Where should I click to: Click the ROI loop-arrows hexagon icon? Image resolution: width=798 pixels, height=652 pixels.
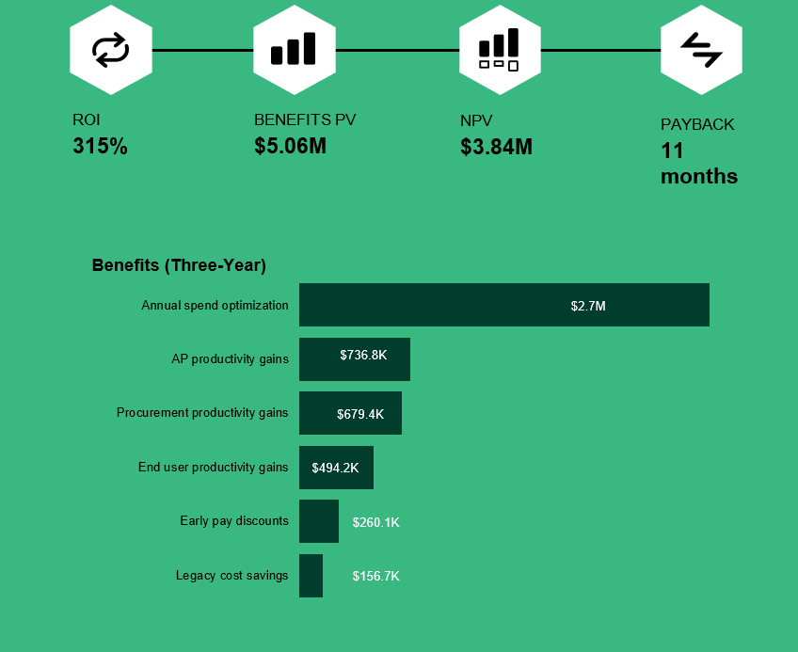[x=110, y=50]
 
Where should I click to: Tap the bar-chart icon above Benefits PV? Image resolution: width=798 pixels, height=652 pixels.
[x=294, y=50]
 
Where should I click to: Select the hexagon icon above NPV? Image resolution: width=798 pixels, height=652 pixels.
[x=499, y=50]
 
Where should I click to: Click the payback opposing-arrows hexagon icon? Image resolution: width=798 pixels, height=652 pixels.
[x=701, y=50]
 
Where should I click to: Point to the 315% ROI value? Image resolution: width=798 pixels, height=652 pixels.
[x=100, y=147]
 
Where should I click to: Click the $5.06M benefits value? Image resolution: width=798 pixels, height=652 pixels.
[x=290, y=147]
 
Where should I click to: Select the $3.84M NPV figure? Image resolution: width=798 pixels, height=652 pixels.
[x=496, y=147]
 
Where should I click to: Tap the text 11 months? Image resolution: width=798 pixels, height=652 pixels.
[x=698, y=164]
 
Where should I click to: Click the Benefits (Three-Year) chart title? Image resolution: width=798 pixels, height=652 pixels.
[x=179, y=265]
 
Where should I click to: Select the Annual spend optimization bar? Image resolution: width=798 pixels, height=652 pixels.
[x=503, y=305]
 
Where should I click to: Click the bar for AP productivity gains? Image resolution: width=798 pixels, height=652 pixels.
[x=354, y=359]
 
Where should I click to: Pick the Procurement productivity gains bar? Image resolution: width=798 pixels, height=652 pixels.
[x=350, y=413]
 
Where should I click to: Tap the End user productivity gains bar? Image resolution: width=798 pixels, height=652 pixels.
[x=336, y=468]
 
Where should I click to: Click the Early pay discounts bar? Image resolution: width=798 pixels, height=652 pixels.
[x=318, y=521]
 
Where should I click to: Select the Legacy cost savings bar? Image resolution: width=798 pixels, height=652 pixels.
[x=311, y=576]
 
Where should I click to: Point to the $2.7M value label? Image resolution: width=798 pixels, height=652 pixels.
[x=588, y=306]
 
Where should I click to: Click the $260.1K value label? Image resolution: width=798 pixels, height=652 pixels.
[x=375, y=522]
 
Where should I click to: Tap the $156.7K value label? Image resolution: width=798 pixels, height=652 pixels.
[x=375, y=576]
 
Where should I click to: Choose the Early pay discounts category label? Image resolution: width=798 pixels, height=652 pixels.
[x=234, y=520]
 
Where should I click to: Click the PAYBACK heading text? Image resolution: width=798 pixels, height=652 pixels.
[x=697, y=124]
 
